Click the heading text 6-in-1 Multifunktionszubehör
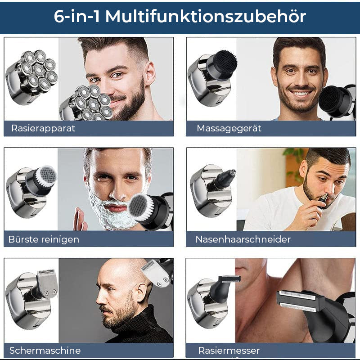point(180,17)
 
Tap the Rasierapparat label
point(43,128)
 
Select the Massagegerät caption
point(229,128)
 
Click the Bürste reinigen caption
point(44,239)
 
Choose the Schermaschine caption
point(45,351)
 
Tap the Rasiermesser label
point(229,351)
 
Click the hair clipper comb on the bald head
point(156,272)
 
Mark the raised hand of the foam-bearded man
point(80,220)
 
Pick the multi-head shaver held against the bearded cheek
point(88,103)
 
